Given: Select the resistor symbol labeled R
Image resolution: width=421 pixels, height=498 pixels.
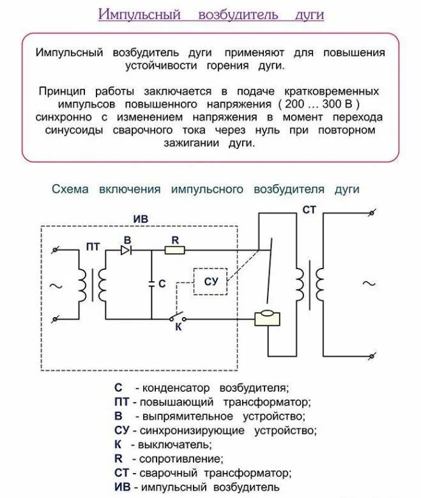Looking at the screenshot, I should click(x=174, y=250).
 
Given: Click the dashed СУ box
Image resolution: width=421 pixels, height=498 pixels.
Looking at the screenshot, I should click(x=211, y=281).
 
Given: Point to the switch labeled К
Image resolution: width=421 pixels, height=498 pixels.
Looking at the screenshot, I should click(x=177, y=317).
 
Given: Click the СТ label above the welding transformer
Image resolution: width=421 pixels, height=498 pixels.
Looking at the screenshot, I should click(x=309, y=209).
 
